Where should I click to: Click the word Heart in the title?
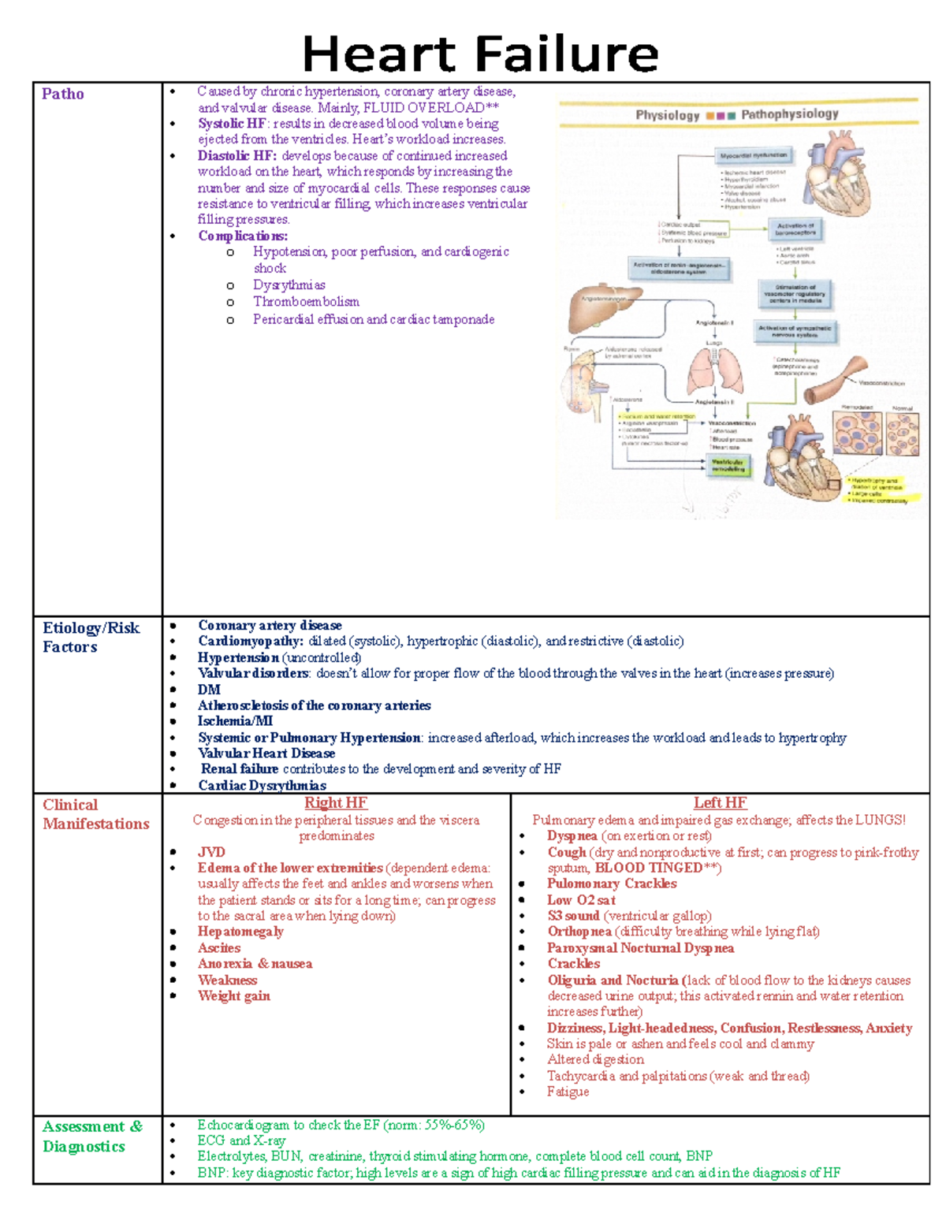tap(390, 55)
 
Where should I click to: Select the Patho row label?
tap(63, 94)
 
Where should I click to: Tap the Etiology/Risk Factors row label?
tap(91, 637)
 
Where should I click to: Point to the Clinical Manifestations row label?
tap(95, 813)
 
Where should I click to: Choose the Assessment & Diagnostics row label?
tap(92, 1136)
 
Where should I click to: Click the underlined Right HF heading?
tap(336, 802)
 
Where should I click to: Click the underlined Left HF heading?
tap(720, 802)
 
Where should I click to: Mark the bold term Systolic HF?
tap(232, 124)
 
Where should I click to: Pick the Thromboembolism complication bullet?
tap(306, 302)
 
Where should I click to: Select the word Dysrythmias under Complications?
tap(289, 285)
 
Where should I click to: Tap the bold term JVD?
tap(211, 852)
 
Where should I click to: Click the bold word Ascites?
tap(219, 948)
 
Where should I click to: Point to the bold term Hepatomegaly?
tap(240, 932)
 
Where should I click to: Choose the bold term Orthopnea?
tap(579, 932)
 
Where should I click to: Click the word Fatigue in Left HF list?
tap(568, 1092)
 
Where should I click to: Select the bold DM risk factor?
tap(209, 690)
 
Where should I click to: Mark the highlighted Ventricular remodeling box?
tap(728, 465)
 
